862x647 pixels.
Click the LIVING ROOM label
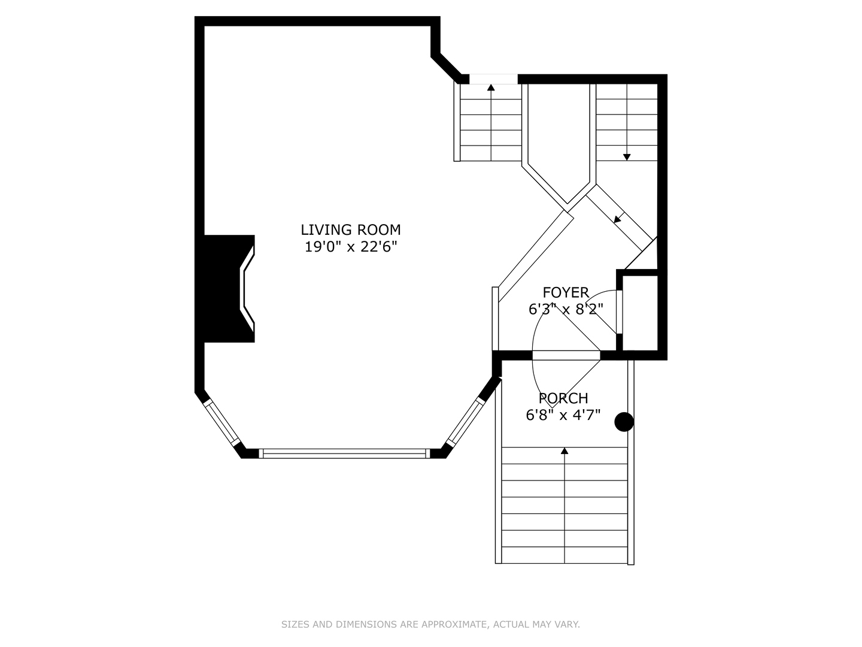[350, 229]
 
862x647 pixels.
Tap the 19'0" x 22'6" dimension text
[350, 246]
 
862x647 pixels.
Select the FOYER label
[565, 292]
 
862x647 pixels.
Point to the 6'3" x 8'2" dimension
[565, 309]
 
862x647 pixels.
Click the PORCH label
[563, 398]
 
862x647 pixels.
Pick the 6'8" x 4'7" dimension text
[563, 415]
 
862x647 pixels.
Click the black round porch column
[624, 422]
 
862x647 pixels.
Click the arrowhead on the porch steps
[564, 451]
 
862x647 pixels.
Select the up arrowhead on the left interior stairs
[491, 87]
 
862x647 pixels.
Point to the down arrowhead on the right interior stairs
[627, 157]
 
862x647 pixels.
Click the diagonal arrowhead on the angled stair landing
[617, 220]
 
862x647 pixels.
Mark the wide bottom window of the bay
[344, 453]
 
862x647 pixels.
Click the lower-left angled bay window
[221, 423]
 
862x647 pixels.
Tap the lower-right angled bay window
[465, 422]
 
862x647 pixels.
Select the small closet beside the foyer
[640, 312]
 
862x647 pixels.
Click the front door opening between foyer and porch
[566, 355]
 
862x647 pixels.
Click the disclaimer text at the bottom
[430, 624]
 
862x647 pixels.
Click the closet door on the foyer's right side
[619, 312]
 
